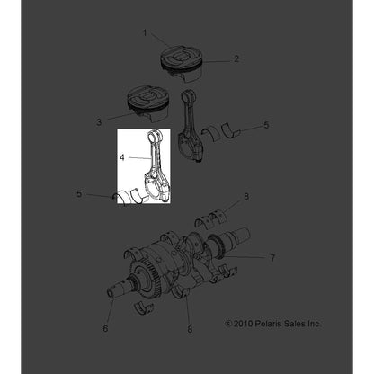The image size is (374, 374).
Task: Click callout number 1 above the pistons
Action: coord(144,33)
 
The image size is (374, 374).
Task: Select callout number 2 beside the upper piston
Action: coord(236,59)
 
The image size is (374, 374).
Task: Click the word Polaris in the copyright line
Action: coord(266,323)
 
